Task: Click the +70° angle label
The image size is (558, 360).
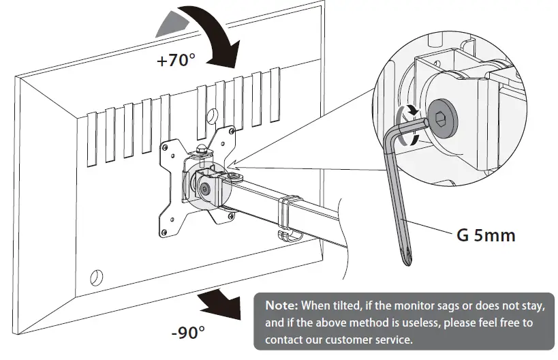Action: [x=175, y=61]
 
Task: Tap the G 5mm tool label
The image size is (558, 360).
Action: [x=485, y=236]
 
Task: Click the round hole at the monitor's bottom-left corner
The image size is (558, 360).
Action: [x=96, y=277]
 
